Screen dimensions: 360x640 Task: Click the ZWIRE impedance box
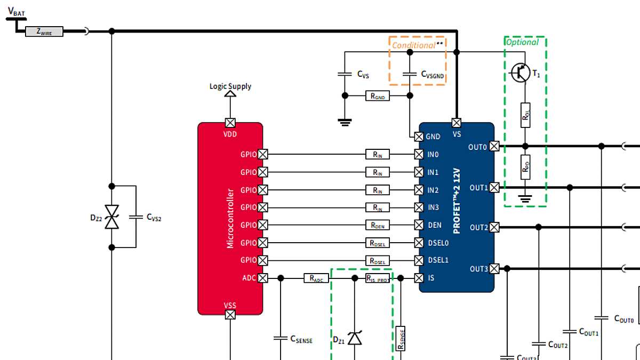click(x=44, y=31)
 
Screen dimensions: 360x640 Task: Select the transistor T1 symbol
click(x=521, y=73)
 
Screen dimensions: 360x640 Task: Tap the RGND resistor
click(x=378, y=96)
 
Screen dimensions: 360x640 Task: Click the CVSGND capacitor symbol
click(x=409, y=75)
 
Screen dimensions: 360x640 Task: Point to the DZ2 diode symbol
click(x=111, y=217)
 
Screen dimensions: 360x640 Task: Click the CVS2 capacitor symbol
click(x=136, y=217)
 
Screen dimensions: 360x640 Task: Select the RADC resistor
click(x=316, y=278)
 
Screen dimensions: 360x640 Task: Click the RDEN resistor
click(x=378, y=225)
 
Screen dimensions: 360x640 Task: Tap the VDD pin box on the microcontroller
click(x=230, y=123)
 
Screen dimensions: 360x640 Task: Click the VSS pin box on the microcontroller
click(x=230, y=315)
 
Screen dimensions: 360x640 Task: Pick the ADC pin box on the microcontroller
click(x=262, y=278)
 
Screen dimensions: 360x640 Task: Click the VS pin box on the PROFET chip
click(x=457, y=123)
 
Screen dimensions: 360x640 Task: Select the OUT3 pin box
click(x=494, y=268)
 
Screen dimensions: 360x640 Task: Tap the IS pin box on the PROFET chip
click(x=419, y=278)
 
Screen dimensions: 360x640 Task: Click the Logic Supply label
click(x=230, y=86)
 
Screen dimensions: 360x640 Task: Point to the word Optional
click(x=522, y=42)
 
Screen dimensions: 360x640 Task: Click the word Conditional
click(x=414, y=45)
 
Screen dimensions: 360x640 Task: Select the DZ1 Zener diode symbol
click(x=355, y=338)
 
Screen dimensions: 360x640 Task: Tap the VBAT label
click(x=16, y=11)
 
